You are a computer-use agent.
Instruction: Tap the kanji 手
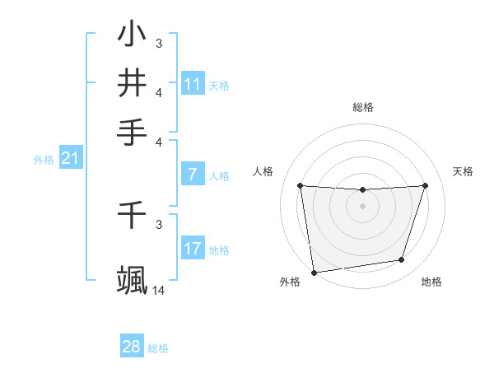point(133,131)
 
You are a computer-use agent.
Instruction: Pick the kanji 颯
point(133,279)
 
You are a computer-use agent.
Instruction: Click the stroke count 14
point(159,291)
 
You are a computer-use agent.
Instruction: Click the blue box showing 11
point(193,84)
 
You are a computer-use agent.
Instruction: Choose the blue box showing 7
point(193,174)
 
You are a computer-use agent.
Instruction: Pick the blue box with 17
point(193,248)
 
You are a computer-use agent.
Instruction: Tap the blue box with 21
point(70,158)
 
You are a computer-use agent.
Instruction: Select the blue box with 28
point(132,347)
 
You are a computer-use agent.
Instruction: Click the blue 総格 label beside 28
point(158,348)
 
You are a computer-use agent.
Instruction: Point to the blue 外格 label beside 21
point(44,160)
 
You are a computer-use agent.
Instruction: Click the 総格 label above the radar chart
point(363,107)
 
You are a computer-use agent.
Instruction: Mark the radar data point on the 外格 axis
point(314,272)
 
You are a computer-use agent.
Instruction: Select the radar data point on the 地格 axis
point(402,260)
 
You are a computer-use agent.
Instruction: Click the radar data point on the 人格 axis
point(300,186)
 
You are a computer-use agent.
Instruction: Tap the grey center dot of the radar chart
point(363,206)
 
